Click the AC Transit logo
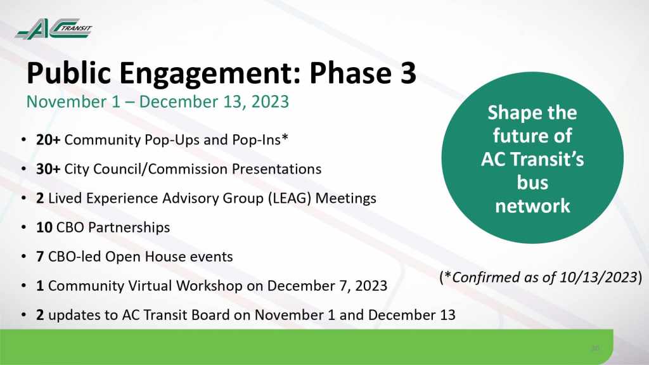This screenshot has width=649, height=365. [53, 29]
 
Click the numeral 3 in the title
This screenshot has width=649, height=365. [407, 73]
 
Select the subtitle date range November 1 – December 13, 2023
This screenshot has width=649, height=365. [158, 102]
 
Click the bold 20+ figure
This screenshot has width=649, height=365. [48, 140]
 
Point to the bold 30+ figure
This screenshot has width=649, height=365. [48, 169]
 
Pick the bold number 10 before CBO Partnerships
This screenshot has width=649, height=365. [44, 227]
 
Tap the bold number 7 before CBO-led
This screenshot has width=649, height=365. [40, 257]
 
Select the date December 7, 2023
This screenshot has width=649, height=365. [327, 286]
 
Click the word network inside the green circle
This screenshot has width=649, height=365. [532, 206]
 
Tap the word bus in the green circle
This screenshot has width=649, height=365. [532, 182]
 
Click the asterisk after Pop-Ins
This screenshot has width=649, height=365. [285, 138]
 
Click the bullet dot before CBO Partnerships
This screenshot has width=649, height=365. [24, 227]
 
